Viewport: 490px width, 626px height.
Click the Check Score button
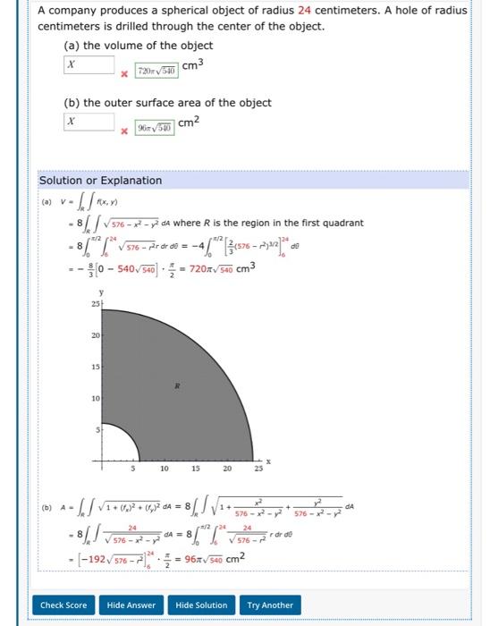(63, 605)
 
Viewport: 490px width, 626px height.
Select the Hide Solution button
(201, 605)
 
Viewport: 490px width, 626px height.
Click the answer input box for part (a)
(89, 65)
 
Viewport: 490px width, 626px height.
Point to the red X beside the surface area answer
(126, 131)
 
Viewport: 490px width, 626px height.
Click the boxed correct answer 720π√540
(157, 70)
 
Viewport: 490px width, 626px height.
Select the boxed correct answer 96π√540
(157, 127)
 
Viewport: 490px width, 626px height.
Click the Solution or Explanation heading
(100, 181)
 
